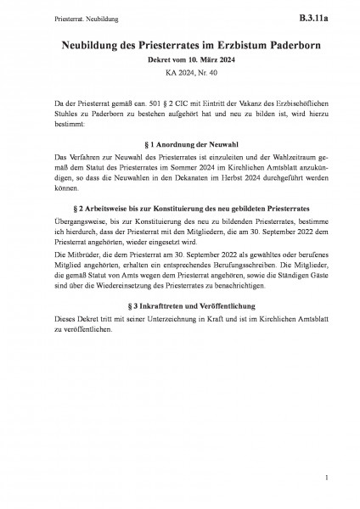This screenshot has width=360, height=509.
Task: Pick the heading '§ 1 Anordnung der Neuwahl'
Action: (179, 144)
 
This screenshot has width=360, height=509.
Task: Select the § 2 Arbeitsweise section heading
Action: (179, 209)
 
